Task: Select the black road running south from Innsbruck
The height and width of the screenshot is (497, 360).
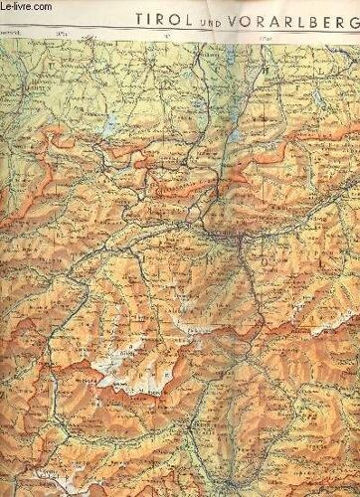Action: click(x=245, y=278)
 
